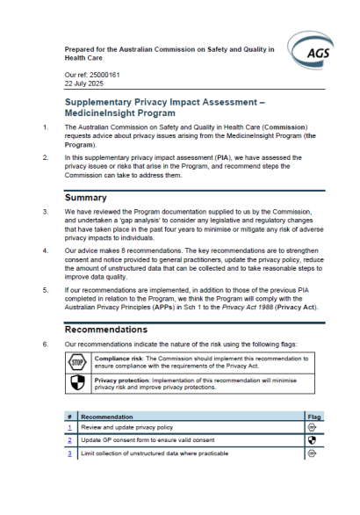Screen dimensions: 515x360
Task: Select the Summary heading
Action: point(86,198)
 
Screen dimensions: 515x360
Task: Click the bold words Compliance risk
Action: point(121,359)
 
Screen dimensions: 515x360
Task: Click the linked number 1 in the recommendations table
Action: point(68,426)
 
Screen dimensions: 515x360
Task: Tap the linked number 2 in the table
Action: point(68,439)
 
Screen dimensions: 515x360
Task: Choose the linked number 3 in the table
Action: point(68,453)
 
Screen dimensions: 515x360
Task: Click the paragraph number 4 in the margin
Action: point(46,250)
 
